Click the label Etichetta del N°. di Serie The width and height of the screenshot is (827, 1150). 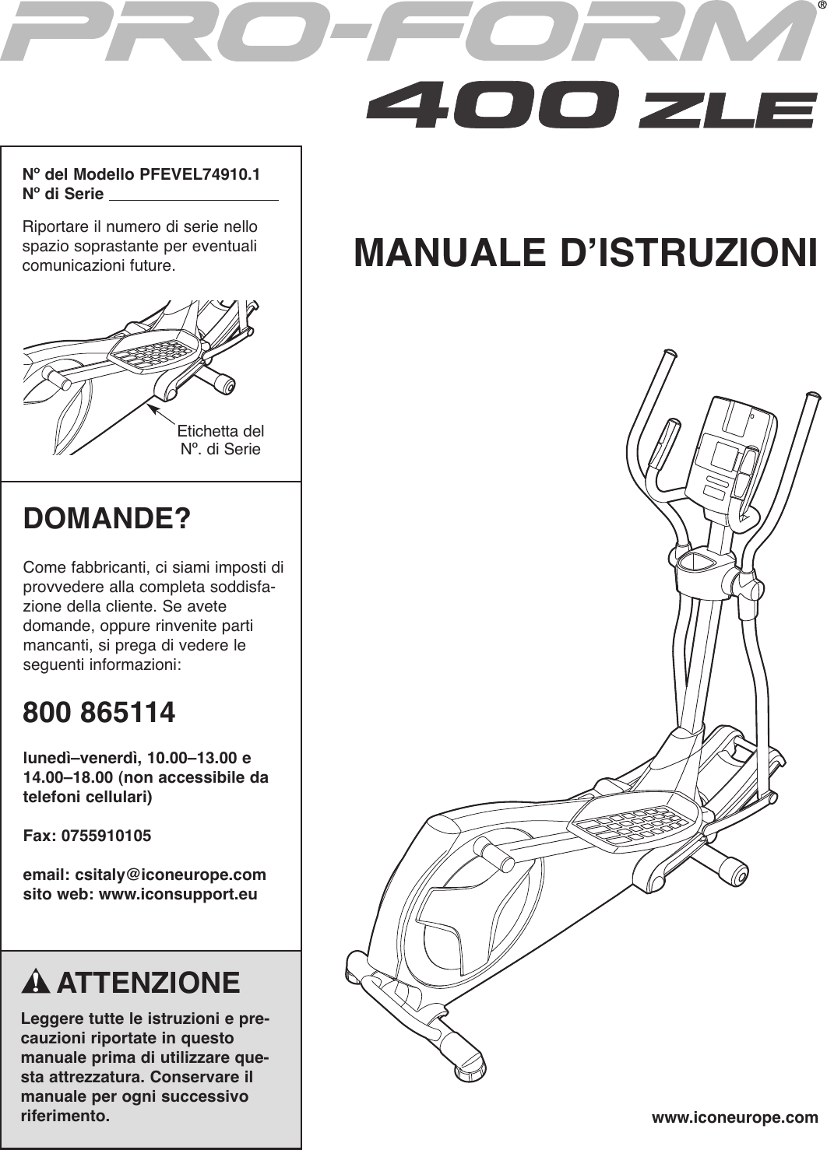tap(220, 440)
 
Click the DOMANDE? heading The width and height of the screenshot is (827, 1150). tap(107, 518)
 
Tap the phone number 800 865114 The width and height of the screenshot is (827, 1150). tap(100, 712)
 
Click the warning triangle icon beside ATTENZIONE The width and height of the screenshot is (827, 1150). tap(36, 983)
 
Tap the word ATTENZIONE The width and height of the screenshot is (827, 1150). tap(148, 983)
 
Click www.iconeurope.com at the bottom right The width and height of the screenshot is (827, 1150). tap(734, 1118)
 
